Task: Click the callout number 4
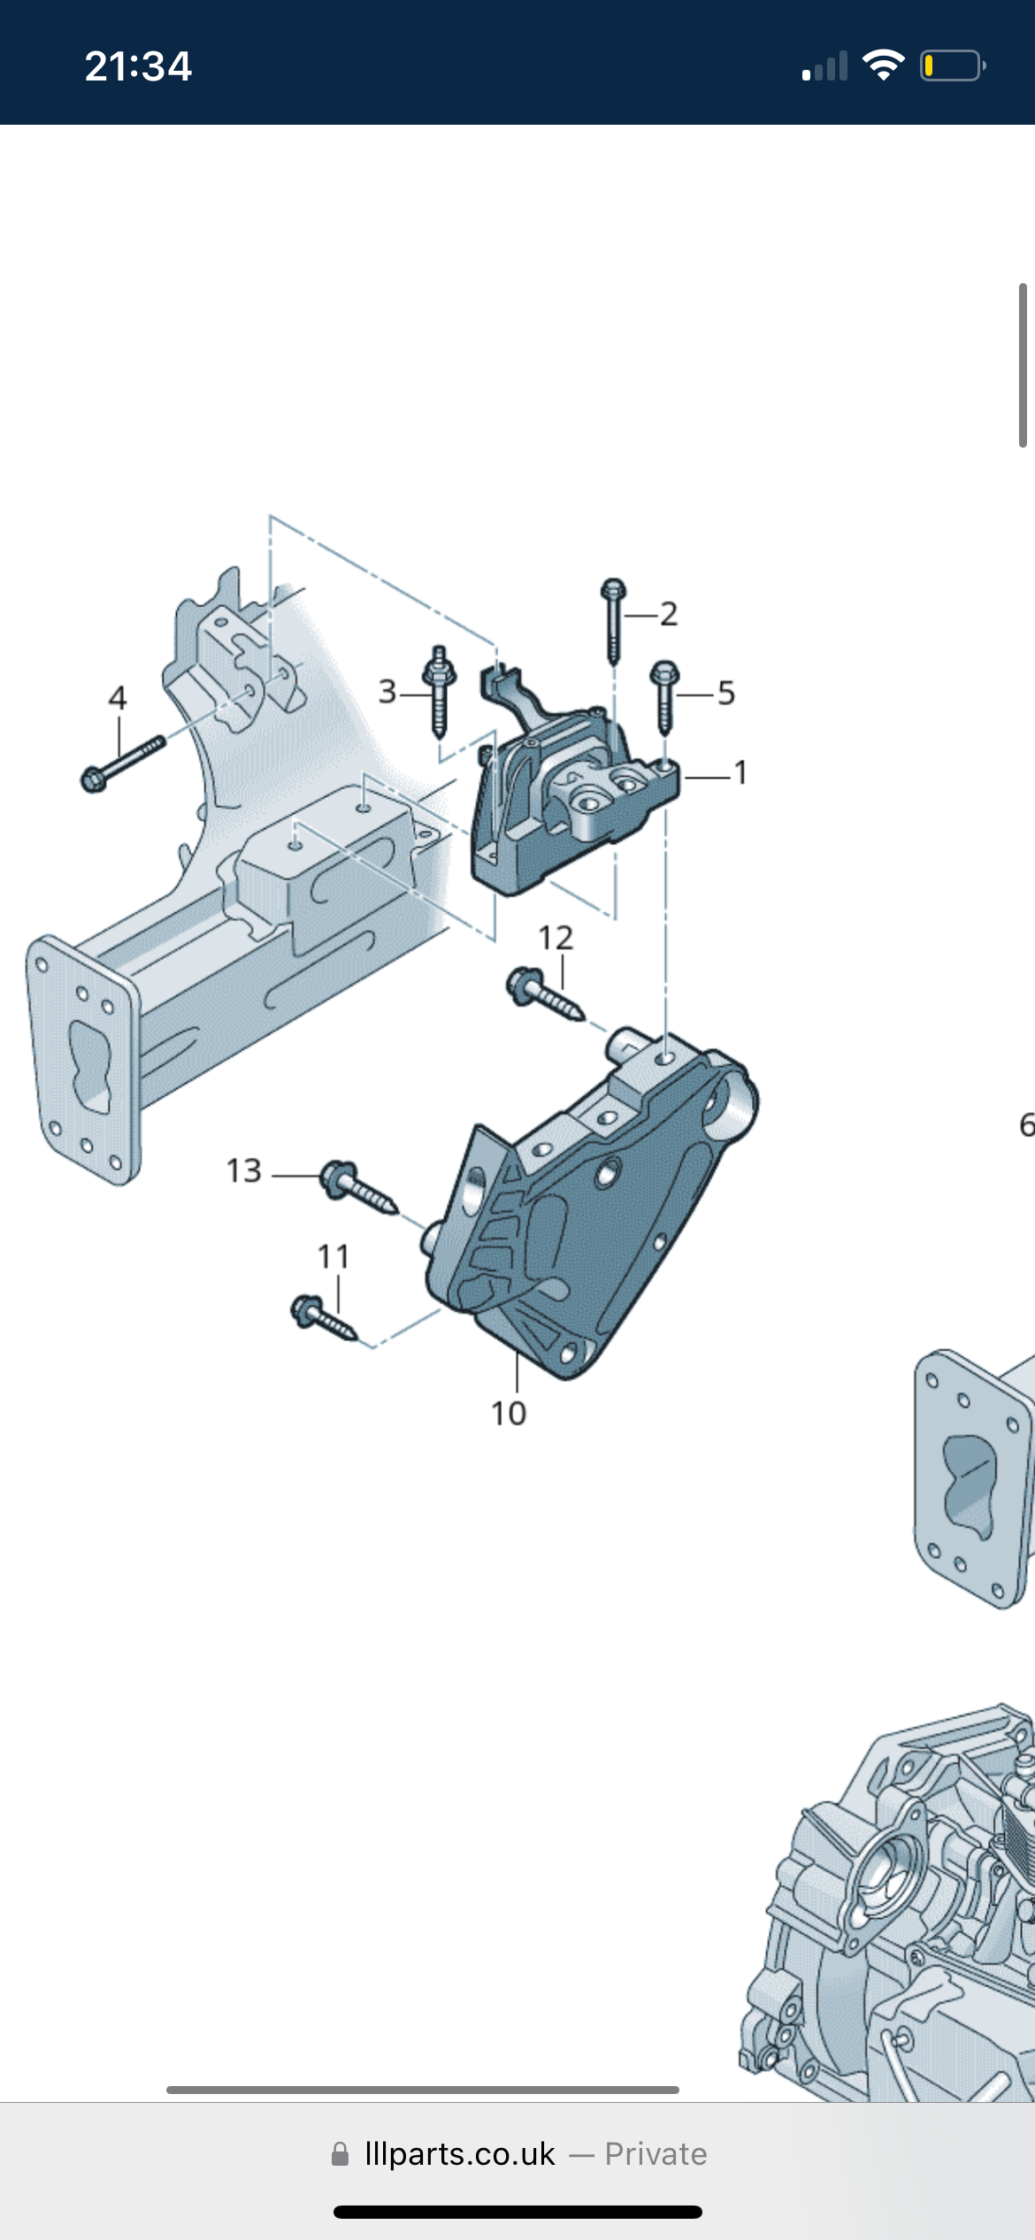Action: [118, 698]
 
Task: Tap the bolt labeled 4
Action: [122, 763]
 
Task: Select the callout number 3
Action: [387, 692]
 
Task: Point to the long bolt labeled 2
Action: [613, 621]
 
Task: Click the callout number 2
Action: [669, 614]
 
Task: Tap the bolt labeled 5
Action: [664, 695]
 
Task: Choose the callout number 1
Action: [740, 773]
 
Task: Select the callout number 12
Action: [556, 938]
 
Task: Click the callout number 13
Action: [244, 1171]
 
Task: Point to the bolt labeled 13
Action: [358, 1187]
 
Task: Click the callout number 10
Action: [509, 1414]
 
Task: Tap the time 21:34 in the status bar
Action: [138, 66]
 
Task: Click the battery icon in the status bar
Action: [952, 66]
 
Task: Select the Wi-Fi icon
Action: [883, 65]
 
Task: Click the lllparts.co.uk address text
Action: [460, 2154]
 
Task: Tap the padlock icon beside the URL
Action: [340, 2154]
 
